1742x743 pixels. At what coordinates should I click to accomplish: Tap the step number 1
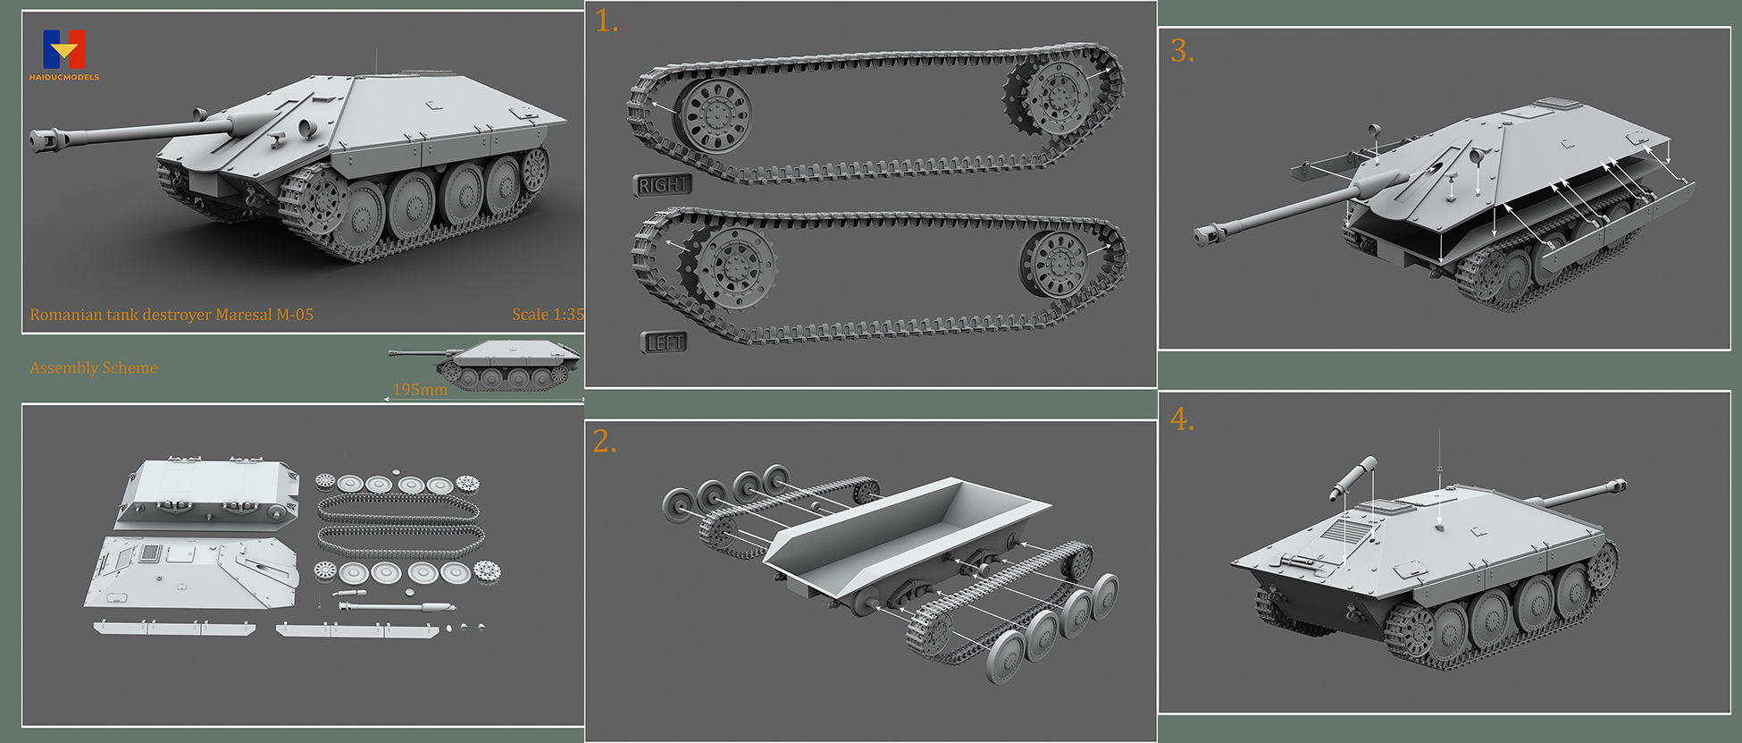[x=606, y=21]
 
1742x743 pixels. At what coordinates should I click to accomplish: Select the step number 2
[x=604, y=442]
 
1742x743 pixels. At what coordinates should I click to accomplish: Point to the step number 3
[x=1182, y=52]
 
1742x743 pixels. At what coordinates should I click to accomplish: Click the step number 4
[x=1182, y=419]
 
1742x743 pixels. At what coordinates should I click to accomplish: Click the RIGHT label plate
[x=663, y=185]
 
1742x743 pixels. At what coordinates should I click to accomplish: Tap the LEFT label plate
[x=665, y=342]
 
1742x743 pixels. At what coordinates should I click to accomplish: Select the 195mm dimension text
[x=420, y=390]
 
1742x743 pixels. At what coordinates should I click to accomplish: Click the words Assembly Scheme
[x=94, y=367]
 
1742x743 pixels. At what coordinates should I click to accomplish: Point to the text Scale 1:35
[x=548, y=314]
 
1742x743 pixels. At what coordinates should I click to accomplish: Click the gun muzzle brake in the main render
[x=45, y=139]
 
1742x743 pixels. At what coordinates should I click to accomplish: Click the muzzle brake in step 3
[x=1207, y=236]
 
